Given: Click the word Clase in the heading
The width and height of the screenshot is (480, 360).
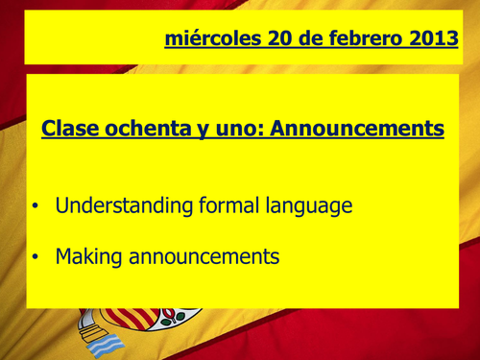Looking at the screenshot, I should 71,128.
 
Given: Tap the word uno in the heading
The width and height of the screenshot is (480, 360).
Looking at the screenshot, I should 236,128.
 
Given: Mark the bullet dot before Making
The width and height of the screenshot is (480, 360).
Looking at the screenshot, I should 36,257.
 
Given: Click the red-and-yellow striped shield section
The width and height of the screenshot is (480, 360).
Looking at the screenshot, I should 126,320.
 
